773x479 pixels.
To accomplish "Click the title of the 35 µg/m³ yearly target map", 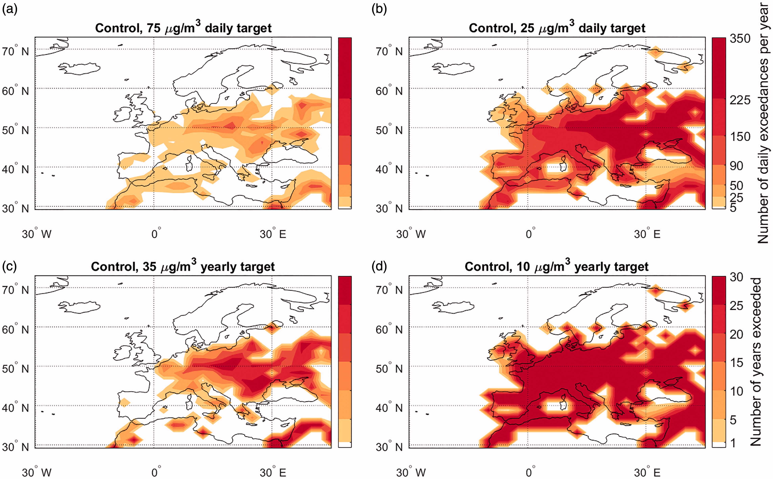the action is click(x=183, y=266).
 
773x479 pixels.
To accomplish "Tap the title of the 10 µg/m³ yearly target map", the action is click(x=557, y=266).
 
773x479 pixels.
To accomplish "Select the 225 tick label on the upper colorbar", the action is click(x=740, y=100).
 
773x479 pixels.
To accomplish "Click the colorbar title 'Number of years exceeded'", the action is click(x=756, y=362).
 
